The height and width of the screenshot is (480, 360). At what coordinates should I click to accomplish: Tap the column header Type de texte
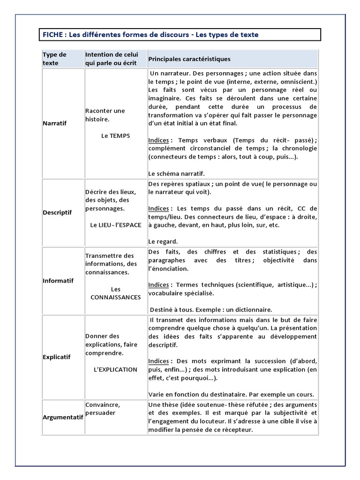[54, 59]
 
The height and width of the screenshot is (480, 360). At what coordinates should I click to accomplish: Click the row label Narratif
[55, 123]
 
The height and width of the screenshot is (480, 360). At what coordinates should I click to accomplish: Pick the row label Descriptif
[57, 212]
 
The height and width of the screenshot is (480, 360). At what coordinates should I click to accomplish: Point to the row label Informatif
[58, 281]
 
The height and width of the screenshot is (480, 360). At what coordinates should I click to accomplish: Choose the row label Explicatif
[57, 357]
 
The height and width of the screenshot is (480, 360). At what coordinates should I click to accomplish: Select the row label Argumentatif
[63, 417]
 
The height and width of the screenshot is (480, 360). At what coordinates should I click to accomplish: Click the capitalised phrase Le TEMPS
[115, 136]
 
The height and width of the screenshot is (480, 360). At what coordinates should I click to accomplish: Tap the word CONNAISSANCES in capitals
[115, 297]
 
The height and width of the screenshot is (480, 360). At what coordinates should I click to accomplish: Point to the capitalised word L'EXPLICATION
[115, 369]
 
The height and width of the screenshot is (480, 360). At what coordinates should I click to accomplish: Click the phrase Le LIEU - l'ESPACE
[115, 225]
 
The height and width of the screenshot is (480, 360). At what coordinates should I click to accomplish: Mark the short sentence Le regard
[163, 241]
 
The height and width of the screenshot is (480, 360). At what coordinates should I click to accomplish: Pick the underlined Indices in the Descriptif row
[159, 208]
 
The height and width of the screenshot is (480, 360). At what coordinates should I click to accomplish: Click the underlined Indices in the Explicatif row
[159, 361]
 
